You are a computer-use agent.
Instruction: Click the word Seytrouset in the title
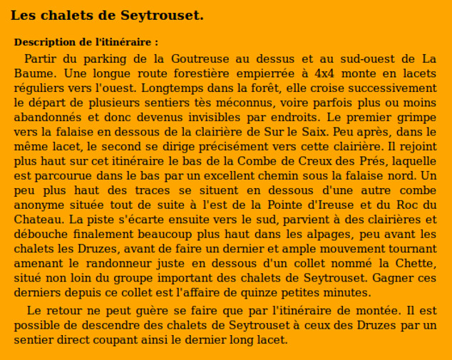pos(163,15)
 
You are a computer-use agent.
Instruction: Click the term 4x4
pos(326,73)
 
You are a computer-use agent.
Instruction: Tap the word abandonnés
pos(48,116)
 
